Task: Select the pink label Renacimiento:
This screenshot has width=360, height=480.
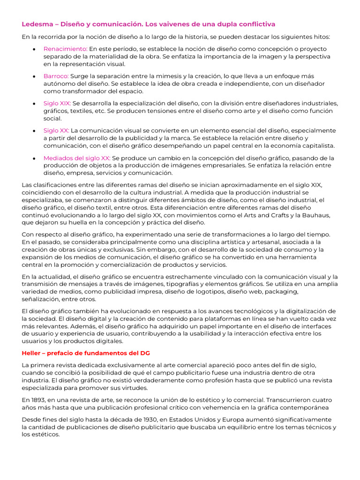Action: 65,49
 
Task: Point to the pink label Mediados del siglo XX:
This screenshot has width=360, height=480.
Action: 77,158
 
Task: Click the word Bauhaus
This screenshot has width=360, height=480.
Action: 319,215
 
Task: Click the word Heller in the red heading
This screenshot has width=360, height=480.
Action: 32,352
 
